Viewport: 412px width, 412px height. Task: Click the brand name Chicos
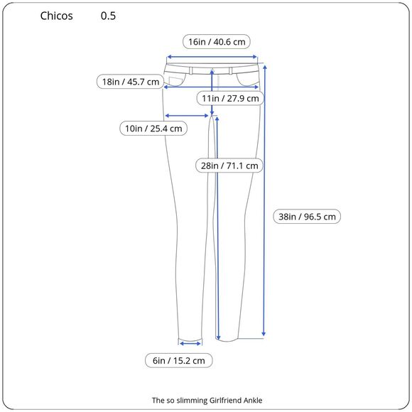tap(57, 16)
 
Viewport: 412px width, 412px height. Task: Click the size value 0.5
tap(108, 16)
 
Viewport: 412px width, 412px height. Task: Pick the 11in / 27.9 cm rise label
tap(230, 98)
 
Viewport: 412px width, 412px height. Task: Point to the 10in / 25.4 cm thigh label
tap(153, 129)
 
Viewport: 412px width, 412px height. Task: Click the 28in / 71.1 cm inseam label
tap(229, 166)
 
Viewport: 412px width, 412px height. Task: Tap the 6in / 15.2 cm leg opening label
tap(179, 361)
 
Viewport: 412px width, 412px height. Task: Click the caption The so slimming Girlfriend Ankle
tap(207, 400)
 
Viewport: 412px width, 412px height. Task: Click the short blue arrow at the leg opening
tap(190, 342)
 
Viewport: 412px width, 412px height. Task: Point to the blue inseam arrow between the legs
tap(217, 227)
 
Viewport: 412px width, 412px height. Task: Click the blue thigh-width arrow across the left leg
tap(188, 115)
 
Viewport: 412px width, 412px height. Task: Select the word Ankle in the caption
tap(251, 400)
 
